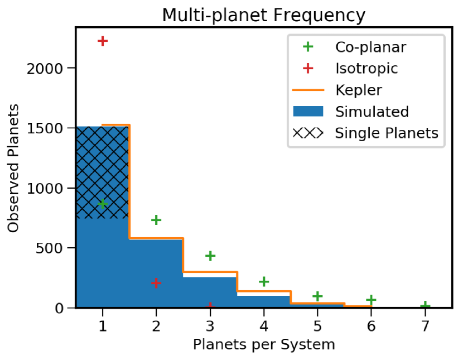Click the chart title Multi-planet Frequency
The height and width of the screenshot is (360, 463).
pos(263,15)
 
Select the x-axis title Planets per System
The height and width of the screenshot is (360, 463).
pos(264,344)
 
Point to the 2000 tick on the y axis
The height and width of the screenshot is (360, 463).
pos(49,68)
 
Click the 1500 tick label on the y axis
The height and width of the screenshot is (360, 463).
pos(49,128)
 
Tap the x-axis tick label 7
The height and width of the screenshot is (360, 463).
pos(425,325)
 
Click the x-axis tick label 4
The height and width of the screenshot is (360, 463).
pos(264,325)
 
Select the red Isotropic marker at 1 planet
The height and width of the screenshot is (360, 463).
pos(102,41)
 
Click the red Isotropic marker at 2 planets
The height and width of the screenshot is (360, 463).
pos(156,284)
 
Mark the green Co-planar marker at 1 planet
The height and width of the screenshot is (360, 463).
pos(102,204)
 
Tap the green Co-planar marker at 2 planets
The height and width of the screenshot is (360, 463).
pos(156,220)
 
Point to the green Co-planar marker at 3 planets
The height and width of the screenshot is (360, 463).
pos(210,256)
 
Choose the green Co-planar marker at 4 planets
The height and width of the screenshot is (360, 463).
pos(264,282)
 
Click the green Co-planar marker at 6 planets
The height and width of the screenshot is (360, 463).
pos(372,300)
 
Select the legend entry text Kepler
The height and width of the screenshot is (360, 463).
pos(358,90)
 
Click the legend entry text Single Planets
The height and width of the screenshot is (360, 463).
pos(386,133)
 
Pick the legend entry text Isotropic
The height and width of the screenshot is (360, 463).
pos(366,69)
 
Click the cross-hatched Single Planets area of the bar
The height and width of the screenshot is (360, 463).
pos(102,167)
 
